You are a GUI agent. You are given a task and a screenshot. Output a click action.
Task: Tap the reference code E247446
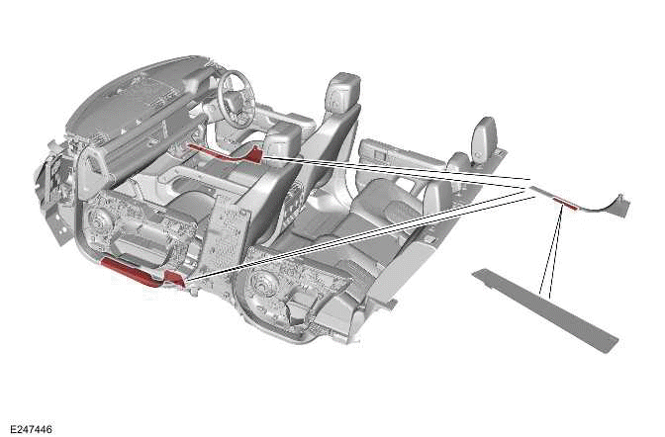pos(31,429)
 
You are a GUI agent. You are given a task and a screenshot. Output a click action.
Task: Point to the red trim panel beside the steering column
pos(225,152)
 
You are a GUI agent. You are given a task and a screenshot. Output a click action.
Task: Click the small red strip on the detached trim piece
pos(565,203)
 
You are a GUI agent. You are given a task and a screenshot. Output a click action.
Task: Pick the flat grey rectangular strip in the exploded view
pos(545,309)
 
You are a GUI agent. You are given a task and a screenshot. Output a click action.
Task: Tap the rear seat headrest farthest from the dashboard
pos(484,135)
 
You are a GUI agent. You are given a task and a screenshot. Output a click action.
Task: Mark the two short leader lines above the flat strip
pos(551,250)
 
